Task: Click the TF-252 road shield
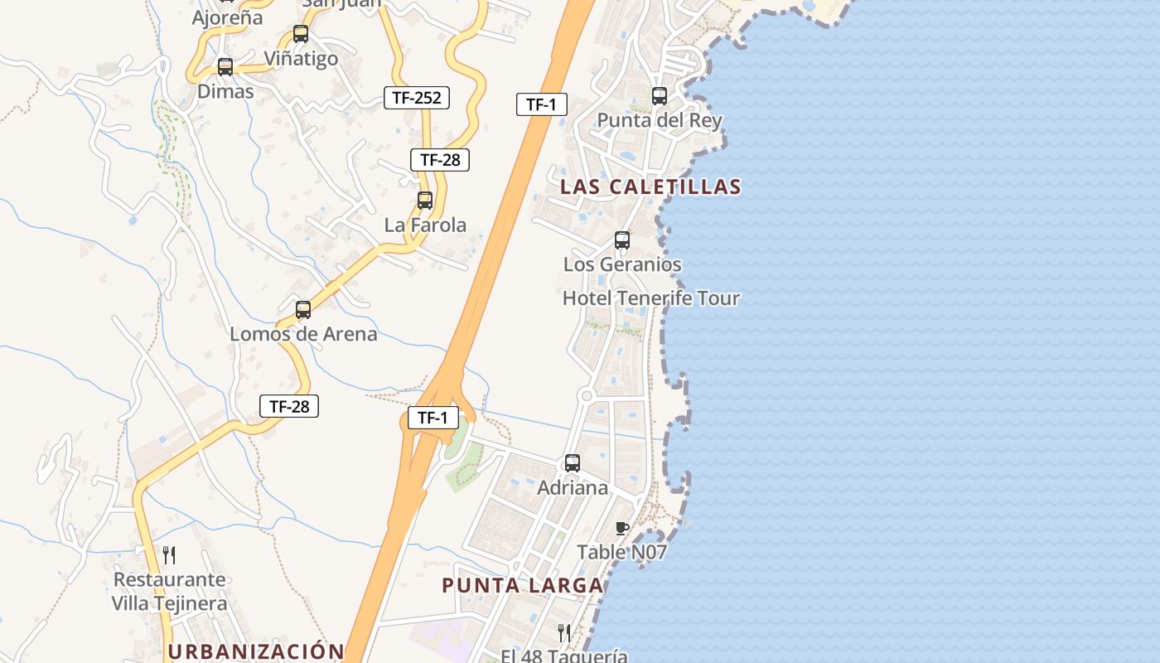pyautogui.click(x=417, y=98)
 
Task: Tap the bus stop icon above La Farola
pyautogui.click(x=425, y=201)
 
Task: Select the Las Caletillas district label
pyautogui.click(x=650, y=186)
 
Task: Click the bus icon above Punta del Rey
pyautogui.click(x=660, y=96)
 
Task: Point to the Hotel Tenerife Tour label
pyautogui.click(x=650, y=298)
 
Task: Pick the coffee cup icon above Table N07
pyautogui.click(x=622, y=528)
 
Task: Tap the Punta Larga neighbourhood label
pyautogui.click(x=522, y=586)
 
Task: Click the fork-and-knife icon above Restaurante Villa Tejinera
pyautogui.click(x=169, y=554)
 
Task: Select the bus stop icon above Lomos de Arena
pyautogui.click(x=303, y=310)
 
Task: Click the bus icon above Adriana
pyautogui.click(x=573, y=463)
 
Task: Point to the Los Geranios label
pyautogui.click(x=622, y=264)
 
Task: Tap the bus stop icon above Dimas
pyautogui.click(x=225, y=67)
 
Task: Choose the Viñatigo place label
pyautogui.click(x=301, y=59)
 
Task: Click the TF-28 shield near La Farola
pyautogui.click(x=440, y=160)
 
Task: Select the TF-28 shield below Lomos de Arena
pyautogui.click(x=289, y=406)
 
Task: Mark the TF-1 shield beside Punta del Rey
pyautogui.click(x=541, y=104)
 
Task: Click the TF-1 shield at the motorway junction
pyautogui.click(x=433, y=418)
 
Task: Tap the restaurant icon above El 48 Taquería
pyautogui.click(x=564, y=633)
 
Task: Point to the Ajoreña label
pyautogui.click(x=227, y=17)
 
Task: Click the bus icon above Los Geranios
pyautogui.click(x=622, y=240)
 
